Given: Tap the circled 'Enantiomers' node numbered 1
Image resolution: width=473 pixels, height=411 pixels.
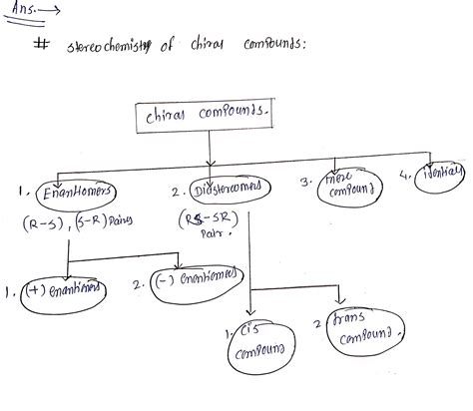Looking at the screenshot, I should point(73,190).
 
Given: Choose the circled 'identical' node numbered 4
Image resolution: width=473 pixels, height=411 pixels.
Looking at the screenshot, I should point(439,176).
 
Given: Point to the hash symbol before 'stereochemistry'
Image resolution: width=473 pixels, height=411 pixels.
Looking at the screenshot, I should point(41,45).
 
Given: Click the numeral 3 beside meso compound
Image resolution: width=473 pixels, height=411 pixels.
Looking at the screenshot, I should point(303,182).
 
